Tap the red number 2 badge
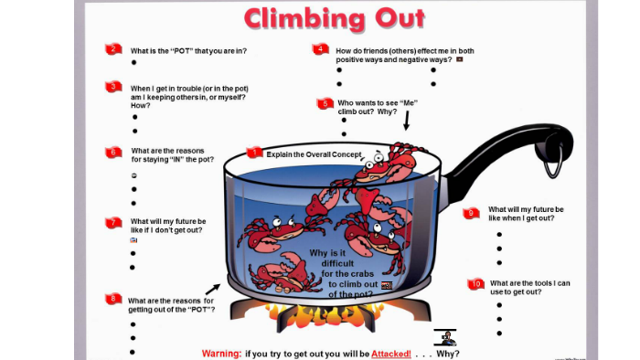(x=113, y=49)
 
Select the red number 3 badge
(x=113, y=87)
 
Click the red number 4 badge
(x=320, y=49)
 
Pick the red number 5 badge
(x=325, y=104)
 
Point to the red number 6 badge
(x=113, y=152)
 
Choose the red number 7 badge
(x=113, y=222)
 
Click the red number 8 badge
(x=113, y=299)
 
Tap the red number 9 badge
(x=471, y=213)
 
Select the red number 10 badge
(x=475, y=284)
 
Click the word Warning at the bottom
(x=220, y=354)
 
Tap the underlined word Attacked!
(x=389, y=354)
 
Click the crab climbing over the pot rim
(x=384, y=164)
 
